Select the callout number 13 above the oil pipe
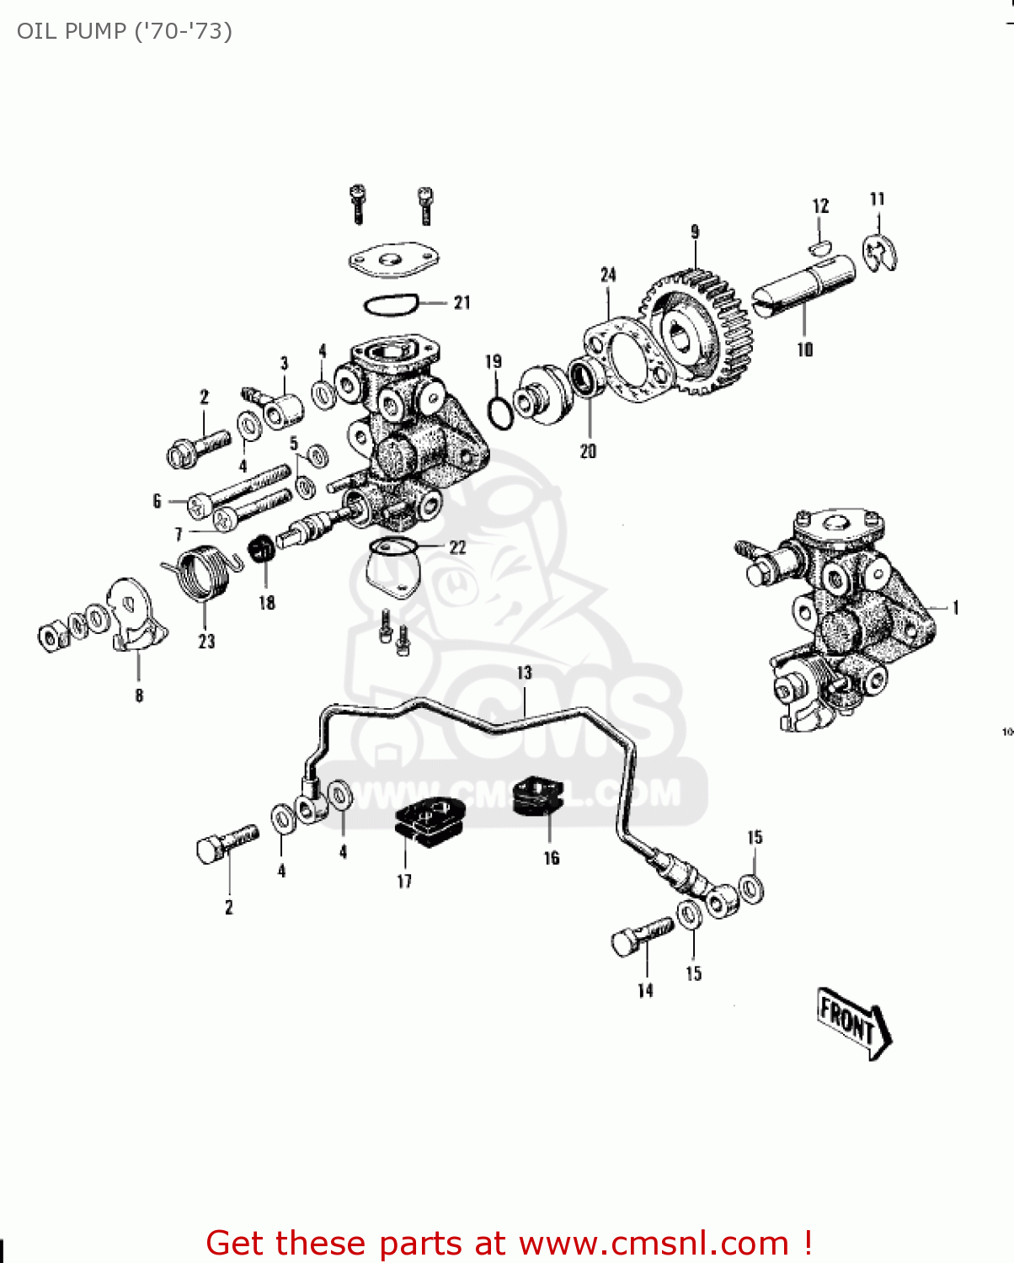525,673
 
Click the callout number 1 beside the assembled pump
956,608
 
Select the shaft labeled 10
803,287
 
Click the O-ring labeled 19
499,412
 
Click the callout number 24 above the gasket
608,274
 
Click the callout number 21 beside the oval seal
462,302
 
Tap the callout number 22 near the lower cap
457,547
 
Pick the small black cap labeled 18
260,549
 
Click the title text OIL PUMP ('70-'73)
124,31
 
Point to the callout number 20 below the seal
588,451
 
